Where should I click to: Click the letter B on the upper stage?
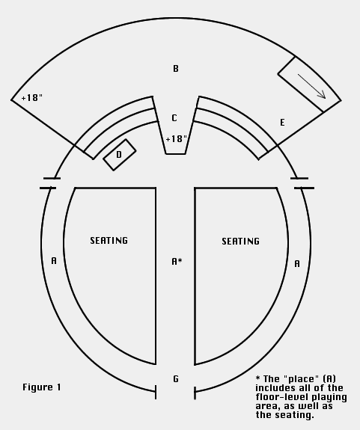point(176,69)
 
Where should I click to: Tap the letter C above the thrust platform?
point(174,118)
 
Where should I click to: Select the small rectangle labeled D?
point(119,155)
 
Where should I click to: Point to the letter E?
point(282,123)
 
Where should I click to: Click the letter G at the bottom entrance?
point(176,379)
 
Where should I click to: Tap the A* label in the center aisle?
point(177,261)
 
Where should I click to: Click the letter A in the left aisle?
point(54,260)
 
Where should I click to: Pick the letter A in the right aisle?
point(297,263)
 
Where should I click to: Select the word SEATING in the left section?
point(109,241)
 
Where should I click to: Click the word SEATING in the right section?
point(241,242)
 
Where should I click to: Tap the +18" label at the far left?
point(32,98)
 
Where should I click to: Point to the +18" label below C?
point(177,139)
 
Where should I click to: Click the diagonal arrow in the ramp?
point(311,86)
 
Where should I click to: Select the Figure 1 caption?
point(42,387)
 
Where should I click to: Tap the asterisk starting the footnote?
point(257,378)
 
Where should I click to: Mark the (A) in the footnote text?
point(329,379)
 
